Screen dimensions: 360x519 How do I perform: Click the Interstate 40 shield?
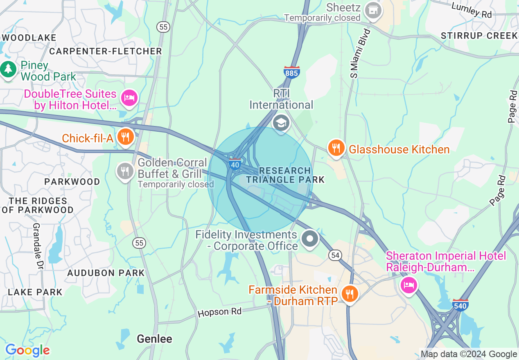click(x=235, y=164)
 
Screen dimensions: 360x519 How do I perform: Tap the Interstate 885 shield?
click(x=291, y=72)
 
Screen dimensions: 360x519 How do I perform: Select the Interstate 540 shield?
click(x=460, y=304)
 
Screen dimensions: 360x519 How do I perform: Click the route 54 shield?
click(x=334, y=255)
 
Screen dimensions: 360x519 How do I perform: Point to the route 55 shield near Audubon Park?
click(x=140, y=243)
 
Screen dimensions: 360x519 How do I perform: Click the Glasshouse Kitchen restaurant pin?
click(x=336, y=148)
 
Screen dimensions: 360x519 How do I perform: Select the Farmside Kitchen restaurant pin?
click(x=350, y=294)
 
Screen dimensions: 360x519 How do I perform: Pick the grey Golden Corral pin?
click(x=125, y=171)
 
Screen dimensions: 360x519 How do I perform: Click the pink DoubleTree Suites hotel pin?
click(x=129, y=98)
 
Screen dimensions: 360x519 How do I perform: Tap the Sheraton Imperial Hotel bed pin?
click(x=408, y=285)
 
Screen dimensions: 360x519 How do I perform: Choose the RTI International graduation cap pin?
click(x=281, y=122)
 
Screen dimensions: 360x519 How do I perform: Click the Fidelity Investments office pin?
click(x=310, y=239)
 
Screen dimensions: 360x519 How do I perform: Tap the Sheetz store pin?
click(x=373, y=11)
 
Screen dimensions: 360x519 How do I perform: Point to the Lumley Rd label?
click(x=472, y=10)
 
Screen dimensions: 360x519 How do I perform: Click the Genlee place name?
click(x=154, y=339)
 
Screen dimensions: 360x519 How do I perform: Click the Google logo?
click(x=27, y=351)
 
